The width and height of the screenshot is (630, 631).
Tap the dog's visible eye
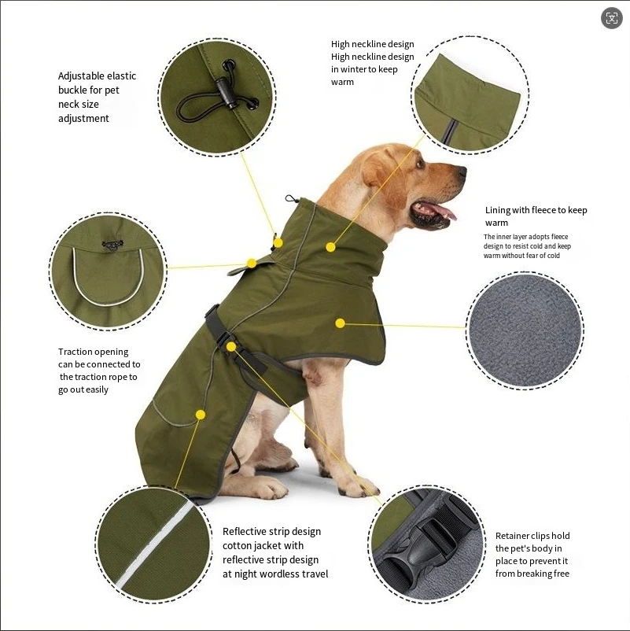(422, 164)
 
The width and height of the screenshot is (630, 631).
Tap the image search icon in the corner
(612, 19)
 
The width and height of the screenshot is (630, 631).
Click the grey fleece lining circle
(524, 330)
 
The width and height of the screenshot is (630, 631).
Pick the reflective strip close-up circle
(154, 544)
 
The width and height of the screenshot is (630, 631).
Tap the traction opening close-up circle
(108, 271)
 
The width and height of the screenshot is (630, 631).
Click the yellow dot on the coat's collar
(331, 247)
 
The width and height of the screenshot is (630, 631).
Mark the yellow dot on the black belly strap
(230, 346)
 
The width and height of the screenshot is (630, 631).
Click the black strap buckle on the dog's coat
(214, 320)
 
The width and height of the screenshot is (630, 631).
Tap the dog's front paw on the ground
(359, 488)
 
